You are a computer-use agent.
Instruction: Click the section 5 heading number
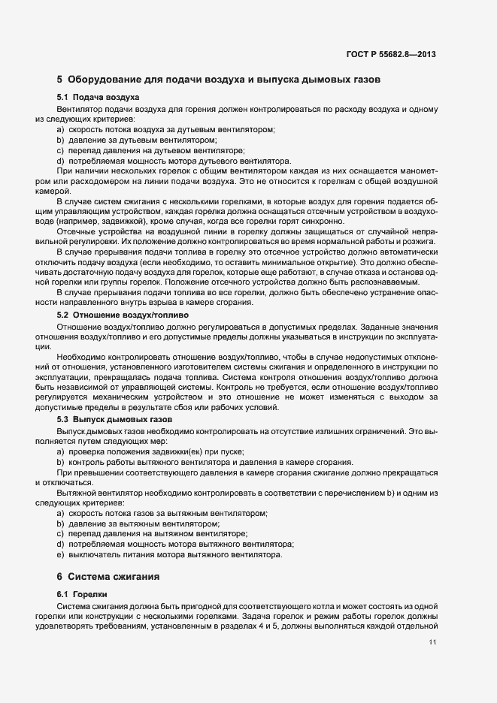59,79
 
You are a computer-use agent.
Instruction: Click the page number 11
432,642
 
